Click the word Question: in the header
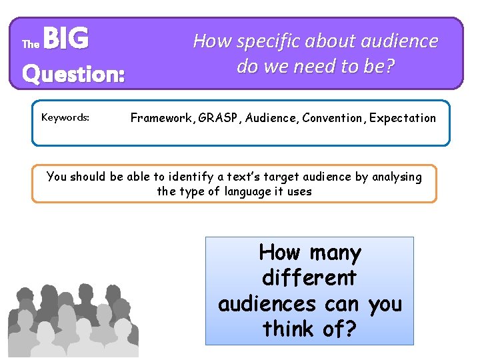point(73,73)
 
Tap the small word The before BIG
point(31,45)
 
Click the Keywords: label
point(65,117)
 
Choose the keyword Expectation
point(403,118)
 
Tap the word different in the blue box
point(309,278)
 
